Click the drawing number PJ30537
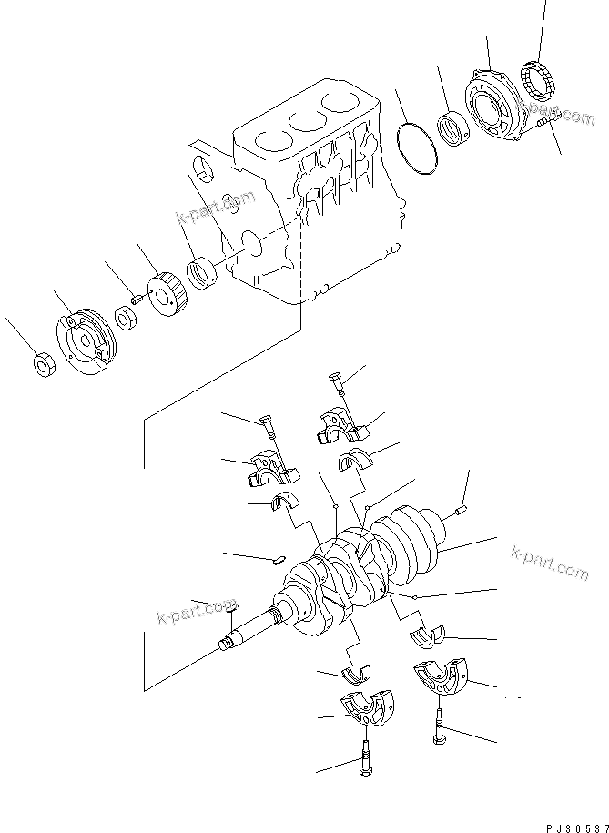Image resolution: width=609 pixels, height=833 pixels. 574,824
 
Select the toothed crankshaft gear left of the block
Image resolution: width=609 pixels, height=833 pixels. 167,292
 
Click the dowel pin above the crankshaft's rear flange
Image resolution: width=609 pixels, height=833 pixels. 461,510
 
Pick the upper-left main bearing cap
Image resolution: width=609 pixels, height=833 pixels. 271,467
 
